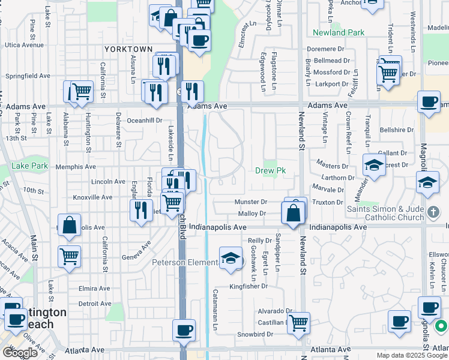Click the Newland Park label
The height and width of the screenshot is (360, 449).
(339, 32)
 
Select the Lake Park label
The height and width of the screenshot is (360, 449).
(29, 166)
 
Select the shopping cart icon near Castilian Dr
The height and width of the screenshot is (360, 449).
(298, 323)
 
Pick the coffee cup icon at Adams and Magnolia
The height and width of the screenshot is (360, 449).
(429, 102)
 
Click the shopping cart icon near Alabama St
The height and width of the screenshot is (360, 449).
(80, 92)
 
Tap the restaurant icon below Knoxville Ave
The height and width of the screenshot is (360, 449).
(141, 210)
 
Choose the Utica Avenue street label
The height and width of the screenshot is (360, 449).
(24, 45)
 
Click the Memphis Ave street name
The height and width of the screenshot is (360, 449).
(76, 167)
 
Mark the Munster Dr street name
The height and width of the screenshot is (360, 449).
(250, 203)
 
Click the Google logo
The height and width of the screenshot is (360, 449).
(20, 353)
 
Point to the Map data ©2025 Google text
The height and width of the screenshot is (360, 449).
(411, 355)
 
